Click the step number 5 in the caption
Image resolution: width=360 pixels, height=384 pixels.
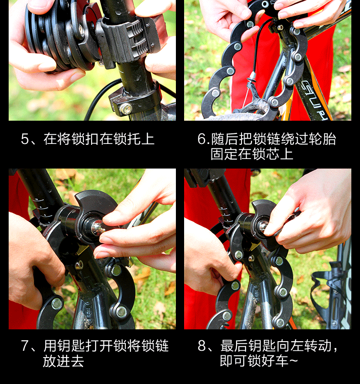point(25,139)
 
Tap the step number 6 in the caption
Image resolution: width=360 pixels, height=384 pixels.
point(202,139)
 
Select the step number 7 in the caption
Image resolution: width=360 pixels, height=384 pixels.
point(25,346)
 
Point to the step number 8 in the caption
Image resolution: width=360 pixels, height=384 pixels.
point(202,346)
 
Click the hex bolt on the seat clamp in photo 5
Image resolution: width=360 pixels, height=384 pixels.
point(125,108)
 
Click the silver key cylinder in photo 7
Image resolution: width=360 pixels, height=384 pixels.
point(98,227)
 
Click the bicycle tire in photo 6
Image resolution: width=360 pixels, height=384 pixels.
point(235,117)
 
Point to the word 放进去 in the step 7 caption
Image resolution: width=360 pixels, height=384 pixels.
point(63,361)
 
